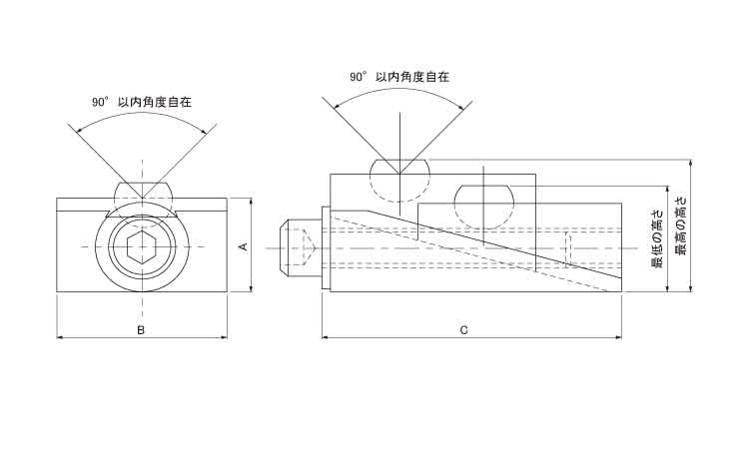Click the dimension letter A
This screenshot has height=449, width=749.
(x=243, y=245)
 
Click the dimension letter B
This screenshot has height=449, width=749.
(x=141, y=328)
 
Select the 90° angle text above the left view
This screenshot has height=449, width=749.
(x=99, y=102)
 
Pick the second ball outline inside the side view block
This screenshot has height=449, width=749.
(x=485, y=205)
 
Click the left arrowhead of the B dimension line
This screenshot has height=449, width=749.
(x=61, y=337)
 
